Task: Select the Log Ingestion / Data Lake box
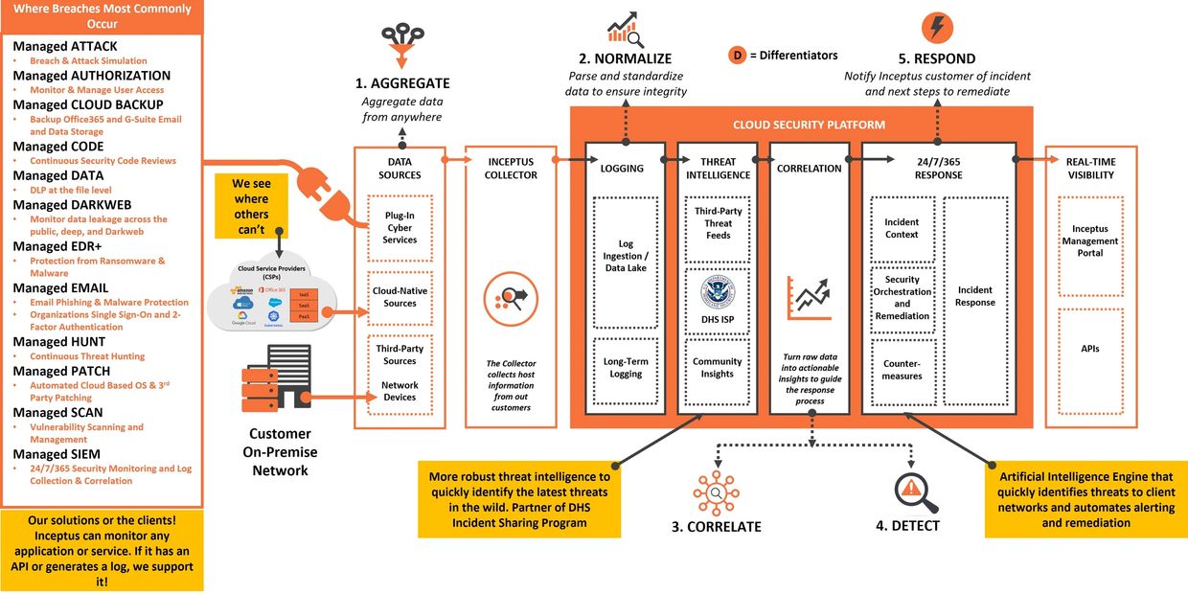click(626, 256)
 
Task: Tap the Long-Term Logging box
click(626, 368)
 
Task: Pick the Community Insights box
click(718, 368)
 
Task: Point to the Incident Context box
click(902, 228)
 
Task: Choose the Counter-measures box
click(902, 370)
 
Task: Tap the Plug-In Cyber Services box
click(400, 228)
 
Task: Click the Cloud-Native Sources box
click(400, 297)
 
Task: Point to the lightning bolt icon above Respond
click(937, 27)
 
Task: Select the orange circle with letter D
click(738, 56)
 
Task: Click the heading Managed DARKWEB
click(72, 205)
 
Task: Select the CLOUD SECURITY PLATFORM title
click(809, 125)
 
